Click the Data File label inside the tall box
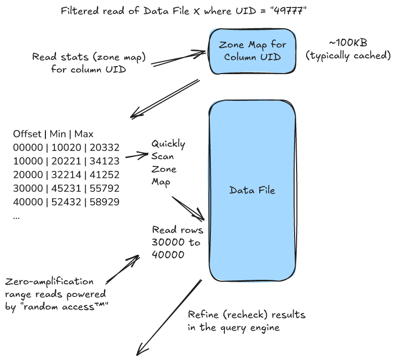[252, 190]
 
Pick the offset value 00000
[27, 146]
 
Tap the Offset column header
[28, 134]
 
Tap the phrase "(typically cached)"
[348, 55]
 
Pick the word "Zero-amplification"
[49, 281]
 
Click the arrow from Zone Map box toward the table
[164, 98]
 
